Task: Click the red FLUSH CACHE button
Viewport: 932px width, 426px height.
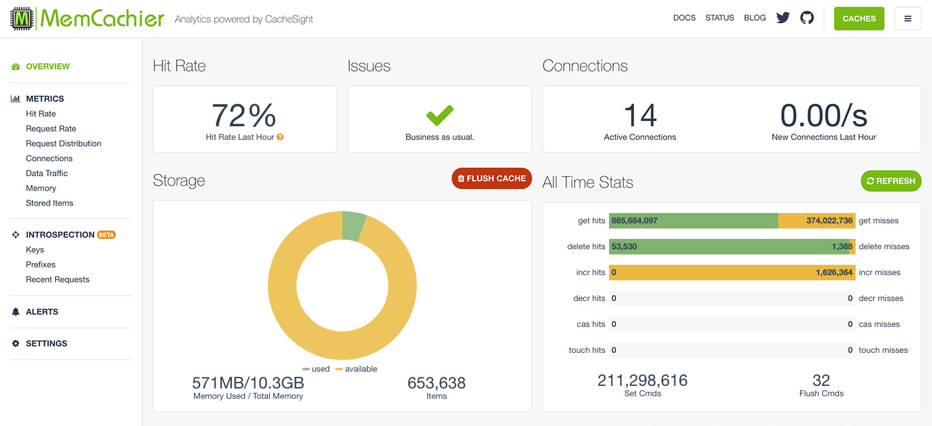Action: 491,179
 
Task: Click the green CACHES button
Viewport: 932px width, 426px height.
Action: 859,19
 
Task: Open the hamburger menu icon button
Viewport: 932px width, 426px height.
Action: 907,19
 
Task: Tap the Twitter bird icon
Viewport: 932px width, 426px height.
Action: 783,18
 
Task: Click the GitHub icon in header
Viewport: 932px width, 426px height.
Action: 807,18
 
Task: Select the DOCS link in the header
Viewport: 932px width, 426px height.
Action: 684,18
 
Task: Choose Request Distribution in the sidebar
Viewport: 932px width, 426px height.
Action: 63,144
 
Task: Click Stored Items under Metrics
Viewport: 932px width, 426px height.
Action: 49,203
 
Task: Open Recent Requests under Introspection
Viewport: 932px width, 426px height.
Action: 58,280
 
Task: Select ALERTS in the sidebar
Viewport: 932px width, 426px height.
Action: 41,312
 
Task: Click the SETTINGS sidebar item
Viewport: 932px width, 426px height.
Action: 46,344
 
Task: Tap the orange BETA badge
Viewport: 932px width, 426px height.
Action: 106,235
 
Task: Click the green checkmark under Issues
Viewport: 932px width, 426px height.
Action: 439,116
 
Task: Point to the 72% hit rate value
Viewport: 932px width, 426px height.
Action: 244,116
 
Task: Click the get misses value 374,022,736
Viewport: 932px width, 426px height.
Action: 829,221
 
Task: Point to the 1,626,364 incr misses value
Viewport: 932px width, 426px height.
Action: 834,273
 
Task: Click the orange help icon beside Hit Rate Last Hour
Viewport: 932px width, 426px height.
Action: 280,137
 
